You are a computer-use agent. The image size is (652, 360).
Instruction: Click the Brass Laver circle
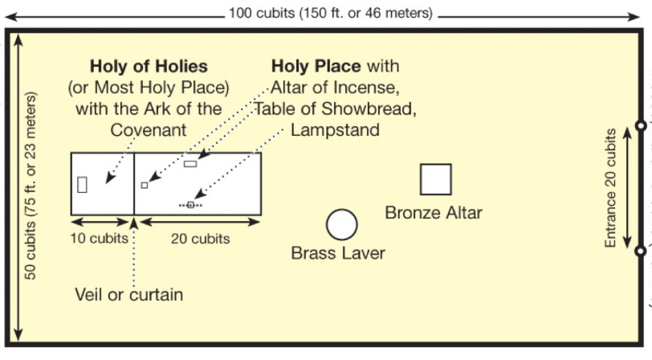342,224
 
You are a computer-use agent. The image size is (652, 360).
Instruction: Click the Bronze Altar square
435,179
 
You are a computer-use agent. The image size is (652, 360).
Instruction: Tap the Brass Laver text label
338,254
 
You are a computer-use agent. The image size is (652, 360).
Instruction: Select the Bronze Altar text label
434,213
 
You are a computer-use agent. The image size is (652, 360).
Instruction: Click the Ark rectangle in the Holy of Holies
82,184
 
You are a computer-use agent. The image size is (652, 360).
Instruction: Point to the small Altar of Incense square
145,185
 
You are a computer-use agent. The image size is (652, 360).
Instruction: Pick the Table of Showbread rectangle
190,164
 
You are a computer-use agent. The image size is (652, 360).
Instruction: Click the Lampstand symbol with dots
190,205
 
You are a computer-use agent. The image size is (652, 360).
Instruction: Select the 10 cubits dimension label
100,239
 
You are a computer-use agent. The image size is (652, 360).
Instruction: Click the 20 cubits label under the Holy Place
200,239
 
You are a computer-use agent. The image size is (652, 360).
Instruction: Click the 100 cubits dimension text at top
330,13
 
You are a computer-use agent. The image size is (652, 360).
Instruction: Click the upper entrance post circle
640,125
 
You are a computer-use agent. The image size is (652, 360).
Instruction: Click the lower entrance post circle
640,251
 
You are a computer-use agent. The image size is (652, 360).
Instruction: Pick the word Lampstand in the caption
336,129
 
